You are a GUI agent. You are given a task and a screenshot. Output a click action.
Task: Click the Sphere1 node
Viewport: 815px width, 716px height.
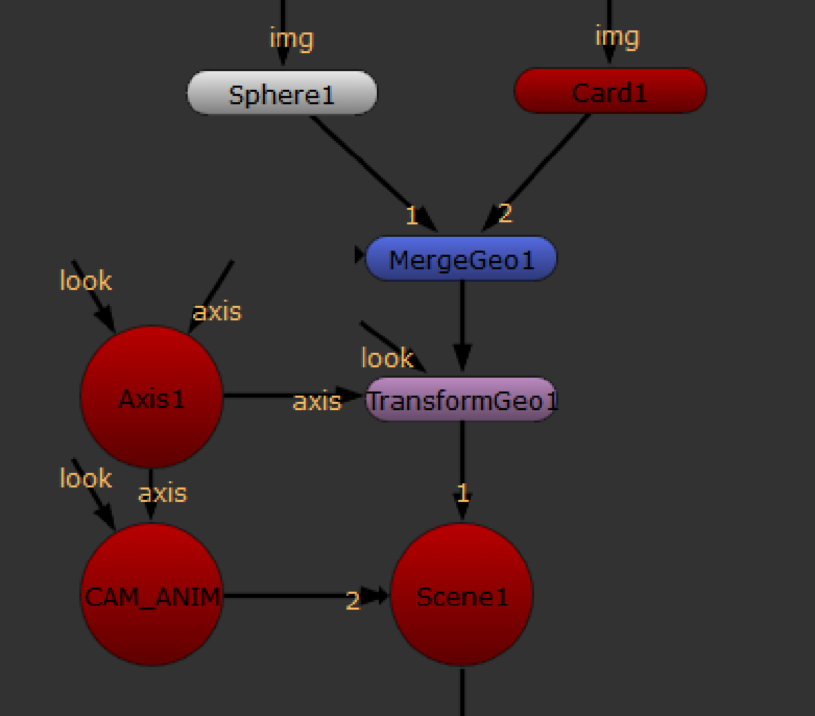(x=282, y=93)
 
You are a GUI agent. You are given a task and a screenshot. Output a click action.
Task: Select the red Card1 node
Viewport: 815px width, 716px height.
(x=610, y=91)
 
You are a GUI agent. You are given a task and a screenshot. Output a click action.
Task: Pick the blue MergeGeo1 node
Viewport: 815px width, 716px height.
(x=461, y=260)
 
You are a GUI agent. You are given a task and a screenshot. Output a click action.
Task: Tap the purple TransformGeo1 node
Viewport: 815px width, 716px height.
(x=461, y=400)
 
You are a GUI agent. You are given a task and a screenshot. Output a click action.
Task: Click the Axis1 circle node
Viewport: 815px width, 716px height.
(x=152, y=397)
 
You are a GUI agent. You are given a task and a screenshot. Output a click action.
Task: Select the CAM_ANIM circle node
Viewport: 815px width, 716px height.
(x=152, y=595)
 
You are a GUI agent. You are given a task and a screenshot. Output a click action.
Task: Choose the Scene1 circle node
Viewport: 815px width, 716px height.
(x=462, y=595)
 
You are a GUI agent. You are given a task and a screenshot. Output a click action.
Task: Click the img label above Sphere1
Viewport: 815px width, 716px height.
(x=291, y=37)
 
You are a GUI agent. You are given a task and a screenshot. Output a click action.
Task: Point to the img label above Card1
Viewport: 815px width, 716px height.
(x=617, y=36)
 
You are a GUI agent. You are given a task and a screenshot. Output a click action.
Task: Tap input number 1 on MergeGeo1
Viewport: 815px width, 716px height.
(x=411, y=216)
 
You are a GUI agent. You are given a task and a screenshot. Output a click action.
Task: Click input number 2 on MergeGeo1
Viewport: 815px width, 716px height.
(x=505, y=213)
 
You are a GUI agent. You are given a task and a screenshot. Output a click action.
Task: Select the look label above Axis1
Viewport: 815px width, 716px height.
(x=86, y=281)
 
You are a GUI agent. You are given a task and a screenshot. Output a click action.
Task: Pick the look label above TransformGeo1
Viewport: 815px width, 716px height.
(x=386, y=358)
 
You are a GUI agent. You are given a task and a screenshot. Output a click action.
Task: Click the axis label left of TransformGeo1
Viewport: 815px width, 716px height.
(x=317, y=401)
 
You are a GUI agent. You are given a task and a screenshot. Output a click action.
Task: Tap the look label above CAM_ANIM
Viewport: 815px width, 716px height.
(x=86, y=478)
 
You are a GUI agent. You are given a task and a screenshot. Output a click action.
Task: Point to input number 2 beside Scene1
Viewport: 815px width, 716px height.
(x=353, y=601)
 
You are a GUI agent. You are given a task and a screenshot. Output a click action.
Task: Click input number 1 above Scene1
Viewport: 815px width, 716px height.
(x=462, y=493)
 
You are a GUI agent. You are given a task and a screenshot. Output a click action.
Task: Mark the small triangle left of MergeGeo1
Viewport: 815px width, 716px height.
(x=358, y=255)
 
